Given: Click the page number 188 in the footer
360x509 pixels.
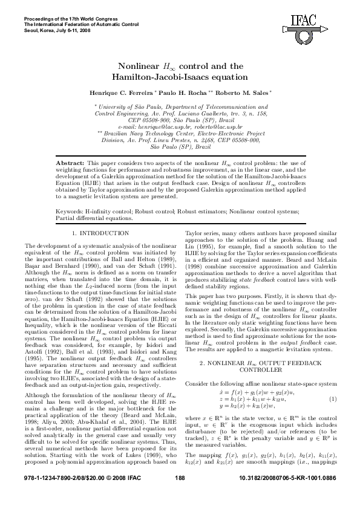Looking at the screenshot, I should (179, 495).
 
